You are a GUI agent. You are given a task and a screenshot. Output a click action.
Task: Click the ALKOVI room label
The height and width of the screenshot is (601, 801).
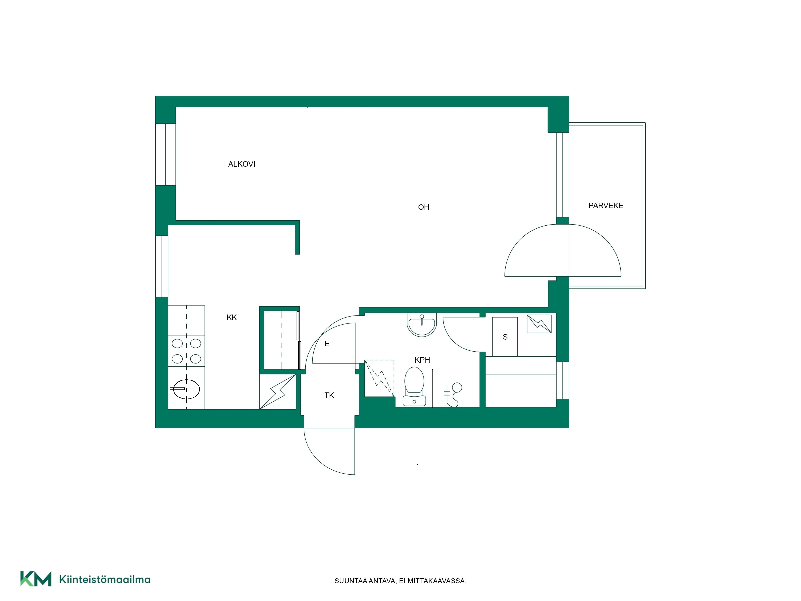pos(242,164)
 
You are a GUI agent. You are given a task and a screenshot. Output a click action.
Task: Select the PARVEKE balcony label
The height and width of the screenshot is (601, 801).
pos(606,206)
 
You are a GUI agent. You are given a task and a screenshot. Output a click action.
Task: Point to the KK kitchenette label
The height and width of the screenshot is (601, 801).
pos(231,317)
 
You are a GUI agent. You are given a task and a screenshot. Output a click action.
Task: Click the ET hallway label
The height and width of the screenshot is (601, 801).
pos(329,343)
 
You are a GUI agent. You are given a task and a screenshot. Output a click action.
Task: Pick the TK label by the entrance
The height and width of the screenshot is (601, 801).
pos(329,395)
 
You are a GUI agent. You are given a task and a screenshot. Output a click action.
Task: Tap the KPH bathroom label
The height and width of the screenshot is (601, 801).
pos(422,360)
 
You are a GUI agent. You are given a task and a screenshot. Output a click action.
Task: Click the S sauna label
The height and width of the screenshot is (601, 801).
pos(505,337)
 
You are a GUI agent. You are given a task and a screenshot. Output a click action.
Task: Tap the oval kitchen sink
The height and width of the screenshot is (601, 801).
pos(186,389)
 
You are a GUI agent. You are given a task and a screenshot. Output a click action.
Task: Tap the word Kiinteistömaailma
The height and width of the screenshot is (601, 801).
pos(105,579)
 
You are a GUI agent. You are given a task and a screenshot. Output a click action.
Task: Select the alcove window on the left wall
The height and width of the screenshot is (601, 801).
pos(165,155)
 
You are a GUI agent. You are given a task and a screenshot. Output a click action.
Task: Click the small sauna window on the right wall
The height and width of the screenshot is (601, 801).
pos(562,380)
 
